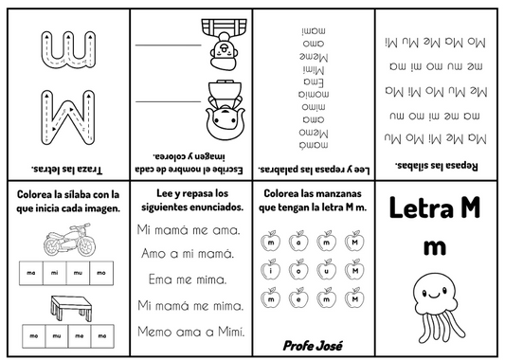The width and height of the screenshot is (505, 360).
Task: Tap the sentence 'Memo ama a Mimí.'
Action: pos(190,331)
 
